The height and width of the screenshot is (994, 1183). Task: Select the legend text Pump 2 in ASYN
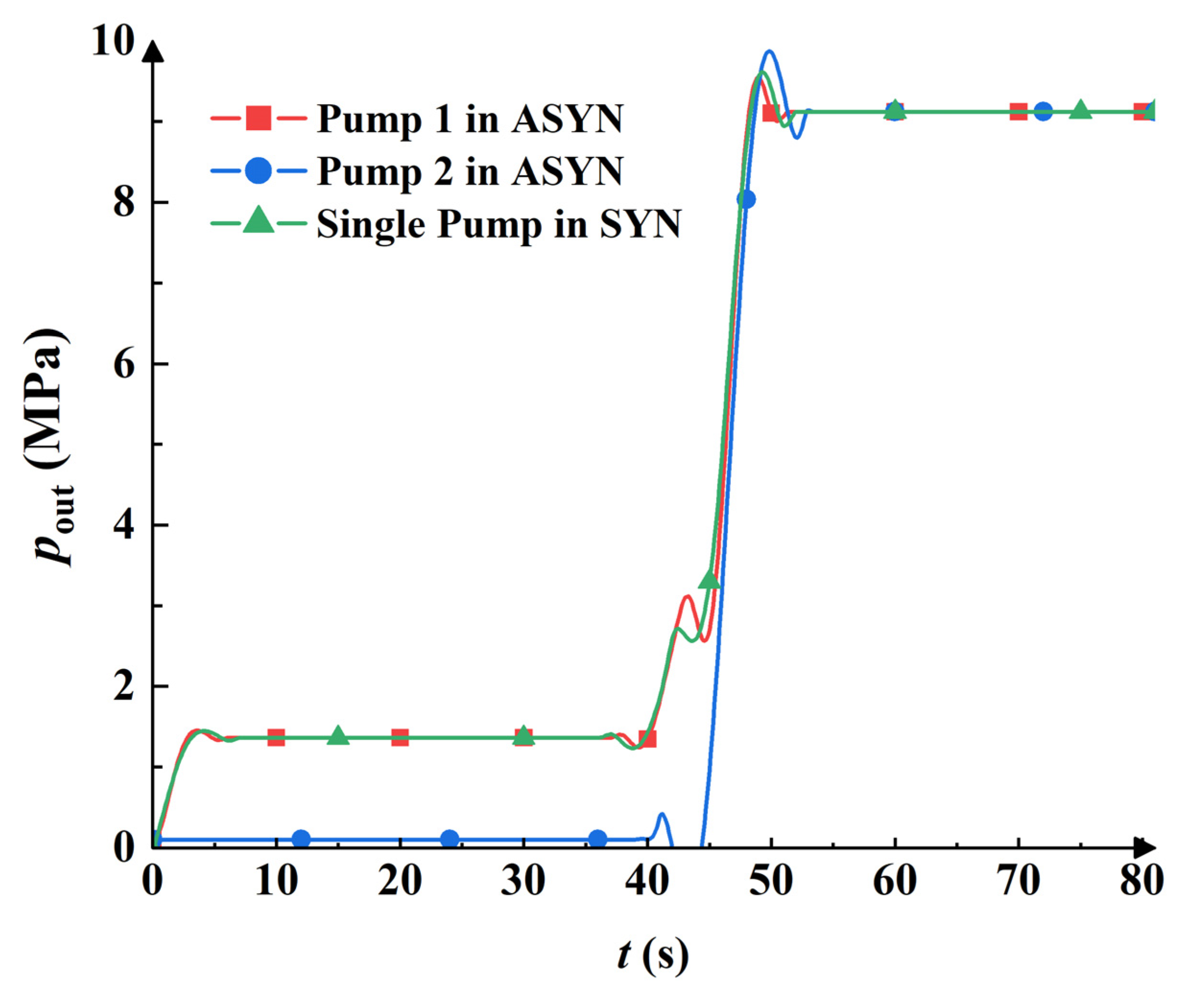(x=469, y=171)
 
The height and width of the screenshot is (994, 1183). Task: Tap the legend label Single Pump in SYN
(x=499, y=224)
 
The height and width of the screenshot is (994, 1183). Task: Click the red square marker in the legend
(x=259, y=119)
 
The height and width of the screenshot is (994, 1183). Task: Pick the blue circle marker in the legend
(x=259, y=171)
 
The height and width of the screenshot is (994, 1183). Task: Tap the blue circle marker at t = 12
(x=301, y=839)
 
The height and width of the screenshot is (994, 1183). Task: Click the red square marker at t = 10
(x=276, y=737)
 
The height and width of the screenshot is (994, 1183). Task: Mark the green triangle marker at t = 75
(x=1080, y=110)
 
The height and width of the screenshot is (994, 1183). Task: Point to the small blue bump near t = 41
(x=662, y=814)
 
